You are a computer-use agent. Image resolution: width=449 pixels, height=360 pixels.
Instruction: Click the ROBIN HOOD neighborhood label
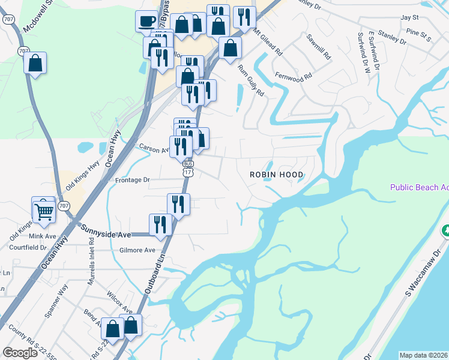coord(277,175)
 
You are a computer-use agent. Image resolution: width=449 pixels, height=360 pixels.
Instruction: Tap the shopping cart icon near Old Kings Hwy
coord(44,211)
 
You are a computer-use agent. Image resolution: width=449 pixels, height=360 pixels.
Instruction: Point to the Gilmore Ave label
coord(137,250)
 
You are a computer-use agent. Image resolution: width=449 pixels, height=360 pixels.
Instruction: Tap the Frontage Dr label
coord(131,179)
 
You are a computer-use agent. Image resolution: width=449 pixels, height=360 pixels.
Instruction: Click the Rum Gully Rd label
coord(251,80)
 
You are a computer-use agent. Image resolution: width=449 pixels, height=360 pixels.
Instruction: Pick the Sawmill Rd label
coord(319,46)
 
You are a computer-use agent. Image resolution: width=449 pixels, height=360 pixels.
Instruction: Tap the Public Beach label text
coord(419,187)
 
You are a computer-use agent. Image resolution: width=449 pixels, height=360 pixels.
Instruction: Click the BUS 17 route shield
coord(188,169)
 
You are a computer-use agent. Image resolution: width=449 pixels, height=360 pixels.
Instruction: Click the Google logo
coord(20,353)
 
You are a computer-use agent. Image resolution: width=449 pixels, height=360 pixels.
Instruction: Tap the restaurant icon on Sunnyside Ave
coord(160,225)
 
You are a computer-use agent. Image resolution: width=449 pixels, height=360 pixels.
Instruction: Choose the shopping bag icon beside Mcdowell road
coord(35,63)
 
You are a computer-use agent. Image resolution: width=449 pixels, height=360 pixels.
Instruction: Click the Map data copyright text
coord(424,355)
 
